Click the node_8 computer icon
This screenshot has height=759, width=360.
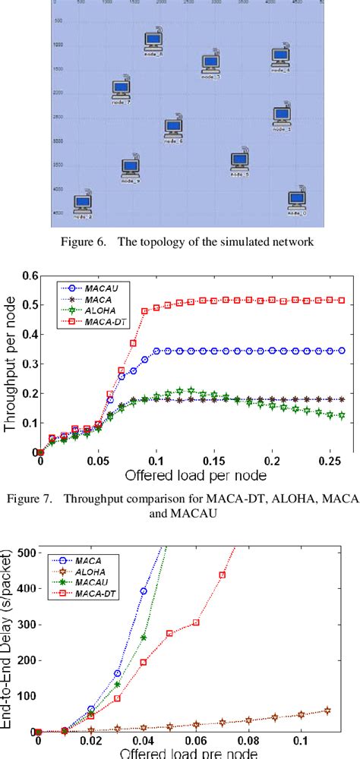pyautogui.click(x=153, y=42)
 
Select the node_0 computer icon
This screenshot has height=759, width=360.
pyautogui.click(x=298, y=199)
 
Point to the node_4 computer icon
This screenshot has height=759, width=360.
pyautogui.click(x=282, y=57)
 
